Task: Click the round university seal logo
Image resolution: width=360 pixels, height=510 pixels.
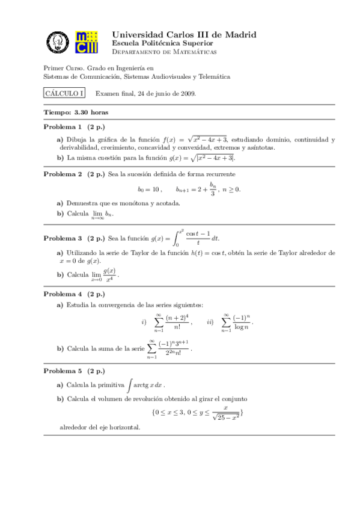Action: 58,42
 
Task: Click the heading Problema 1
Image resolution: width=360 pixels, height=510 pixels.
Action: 63,127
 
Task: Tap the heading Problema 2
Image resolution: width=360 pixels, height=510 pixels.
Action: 63,174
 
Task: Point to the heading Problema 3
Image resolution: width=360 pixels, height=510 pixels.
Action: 63,239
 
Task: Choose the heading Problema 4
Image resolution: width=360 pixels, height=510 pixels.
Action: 63,294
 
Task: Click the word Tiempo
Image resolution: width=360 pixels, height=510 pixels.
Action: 58,112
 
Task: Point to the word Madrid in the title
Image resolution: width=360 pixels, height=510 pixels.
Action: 237,35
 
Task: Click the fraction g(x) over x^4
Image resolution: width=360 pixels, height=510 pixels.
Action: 109,275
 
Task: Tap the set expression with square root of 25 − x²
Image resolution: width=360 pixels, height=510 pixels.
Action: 198,412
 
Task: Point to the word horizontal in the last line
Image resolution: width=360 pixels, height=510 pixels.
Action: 123,428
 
